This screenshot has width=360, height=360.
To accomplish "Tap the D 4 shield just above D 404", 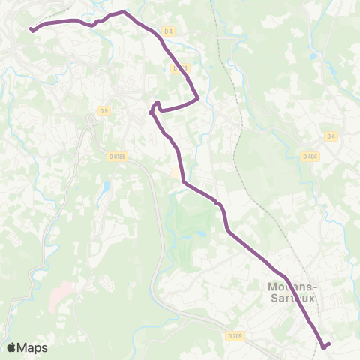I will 331,136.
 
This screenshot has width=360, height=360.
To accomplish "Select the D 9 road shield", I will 104,111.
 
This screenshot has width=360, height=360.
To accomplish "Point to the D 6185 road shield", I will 116,156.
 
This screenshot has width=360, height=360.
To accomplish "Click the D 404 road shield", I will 310,157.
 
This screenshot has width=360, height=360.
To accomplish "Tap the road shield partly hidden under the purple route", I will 178,67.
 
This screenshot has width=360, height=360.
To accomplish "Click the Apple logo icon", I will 11,347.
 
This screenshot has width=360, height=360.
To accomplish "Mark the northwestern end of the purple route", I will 31,29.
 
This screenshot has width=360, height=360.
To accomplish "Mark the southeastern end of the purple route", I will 328,343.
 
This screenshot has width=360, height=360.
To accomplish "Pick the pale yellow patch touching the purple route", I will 177,173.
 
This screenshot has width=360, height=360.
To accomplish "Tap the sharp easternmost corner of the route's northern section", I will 197,97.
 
